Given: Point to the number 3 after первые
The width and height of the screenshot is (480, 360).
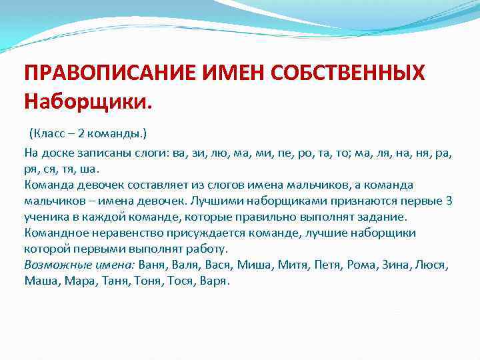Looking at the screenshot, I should [x=449, y=201].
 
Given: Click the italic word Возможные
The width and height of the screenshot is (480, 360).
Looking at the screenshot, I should [x=53, y=265].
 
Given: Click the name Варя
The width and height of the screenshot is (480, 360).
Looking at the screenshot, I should [x=215, y=281].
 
